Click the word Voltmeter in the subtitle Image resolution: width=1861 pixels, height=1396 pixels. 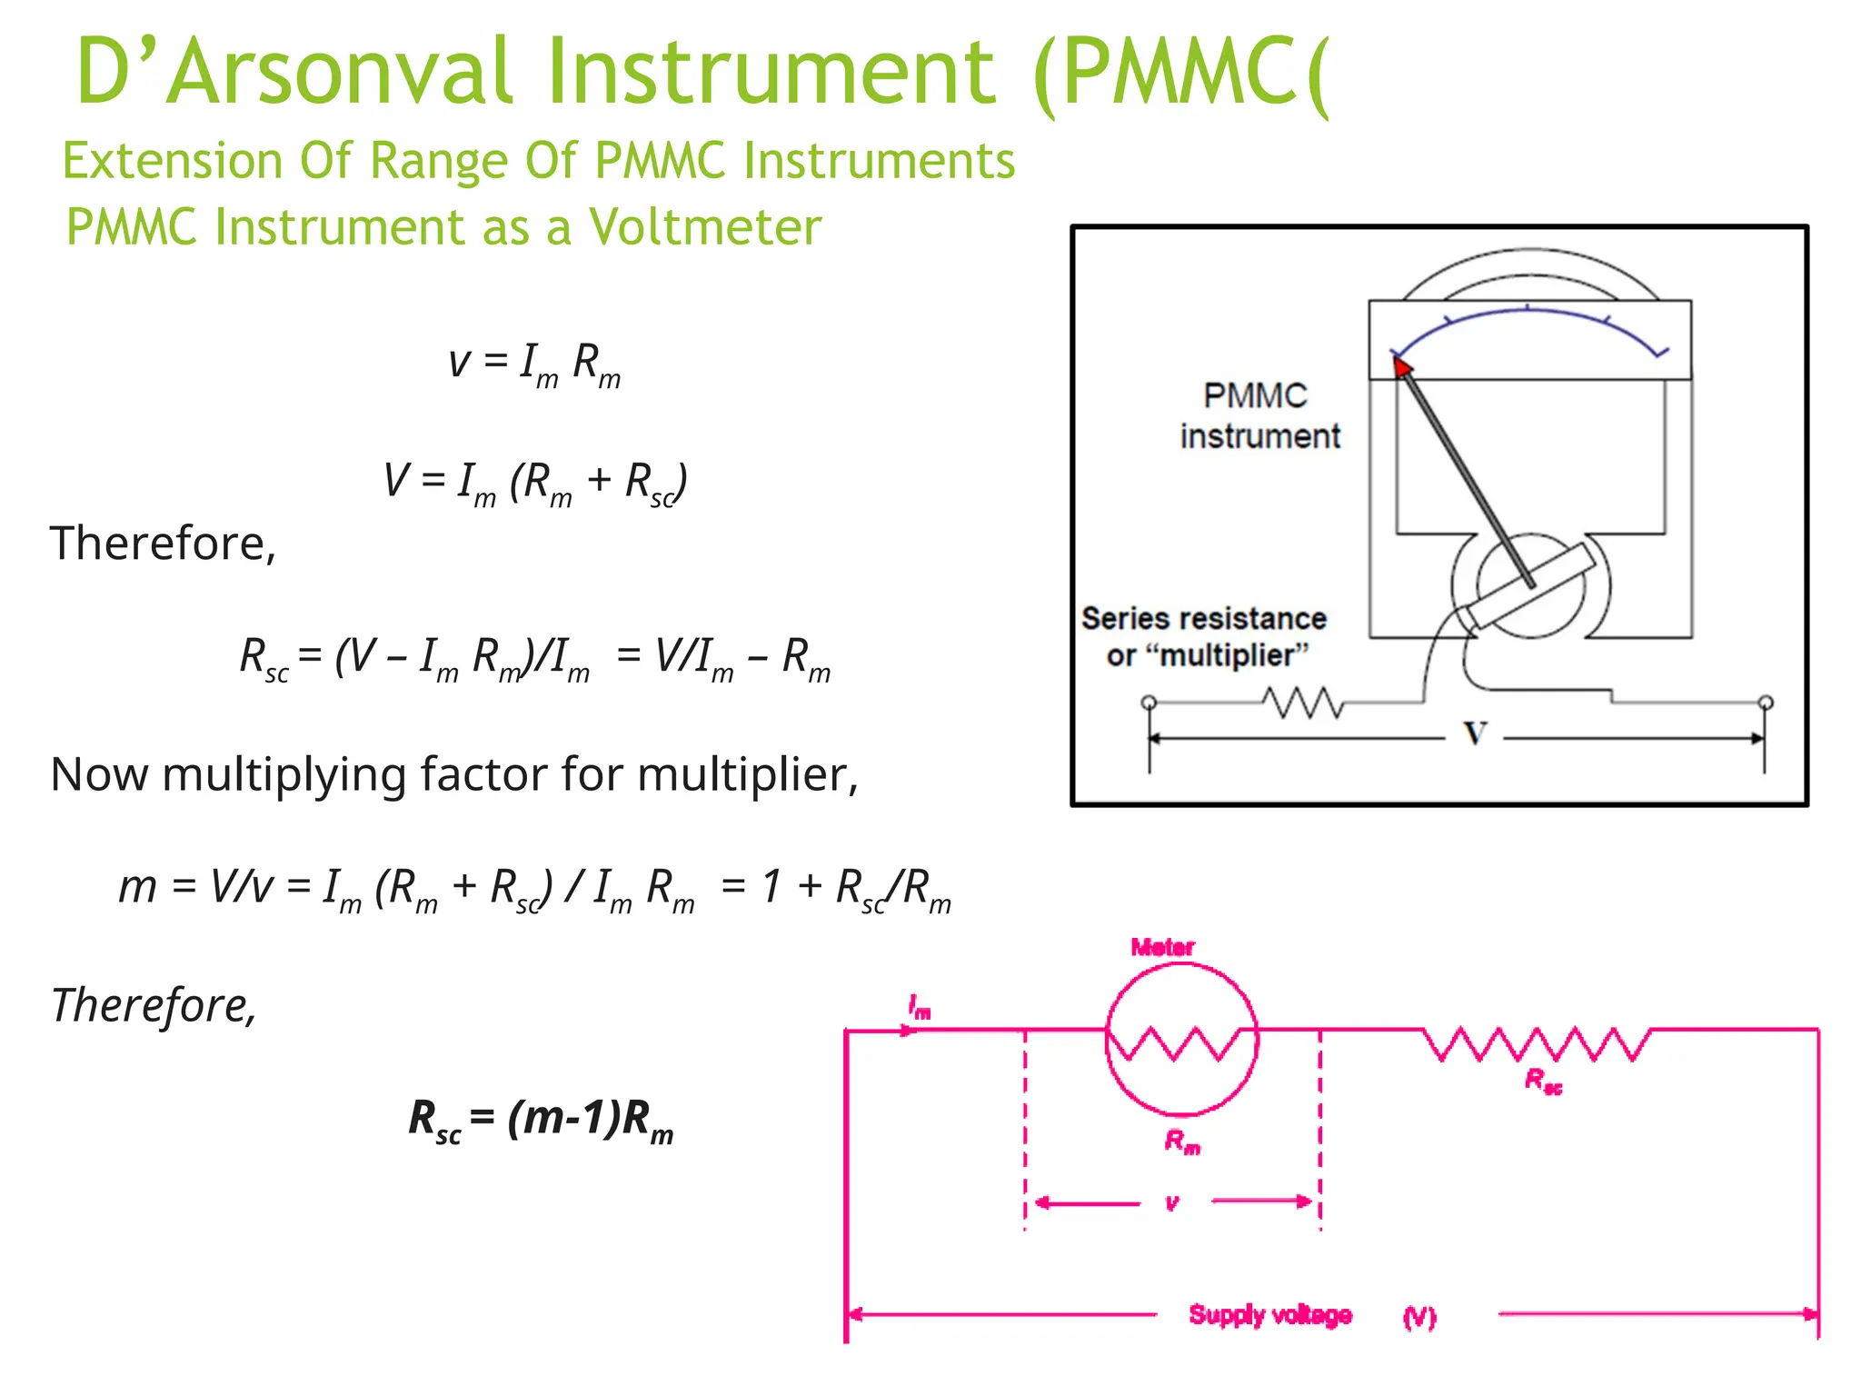pyautogui.click(x=705, y=227)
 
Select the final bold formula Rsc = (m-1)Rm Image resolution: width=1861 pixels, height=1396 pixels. pyautogui.click(x=542, y=1120)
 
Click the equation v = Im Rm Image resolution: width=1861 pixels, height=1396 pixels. pyautogui.click(x=534, y=364)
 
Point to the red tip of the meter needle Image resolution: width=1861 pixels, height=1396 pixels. pyautogui.click(x=1402, y=366)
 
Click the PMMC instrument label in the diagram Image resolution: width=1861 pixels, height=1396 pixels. pyautogui.click(x=1259, y=416)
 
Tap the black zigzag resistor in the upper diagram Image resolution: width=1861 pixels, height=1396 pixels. pyautogui.click(x=1302, y=703)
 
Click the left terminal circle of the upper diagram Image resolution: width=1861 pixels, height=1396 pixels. pyautogui.click(x=1149, y=703)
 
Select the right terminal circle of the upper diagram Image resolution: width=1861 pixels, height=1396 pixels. pyautogui.click(x=1766, y=703)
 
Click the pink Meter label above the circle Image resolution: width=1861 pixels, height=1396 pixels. pyautogui.click(x=1162, y=947)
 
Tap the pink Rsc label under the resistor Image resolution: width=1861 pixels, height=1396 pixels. pyautogui.click(x=1543, y=1081)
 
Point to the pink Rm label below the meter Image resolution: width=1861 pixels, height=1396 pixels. pyautogui.click(x=1182, y=1142)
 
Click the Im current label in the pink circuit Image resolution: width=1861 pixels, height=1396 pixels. pyautogui.click(x=920, y=1007)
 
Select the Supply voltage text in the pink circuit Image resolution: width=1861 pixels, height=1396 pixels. pyautogui.click(x=1270, y=1315)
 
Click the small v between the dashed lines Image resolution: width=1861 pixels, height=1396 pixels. pyautogui.click(x=1172, y=1203)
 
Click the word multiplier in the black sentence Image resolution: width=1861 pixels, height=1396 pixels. pyautogui.click(x=745, y=775)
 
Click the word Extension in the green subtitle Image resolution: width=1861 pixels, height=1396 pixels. pyautogui.click(x=173, y=162)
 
